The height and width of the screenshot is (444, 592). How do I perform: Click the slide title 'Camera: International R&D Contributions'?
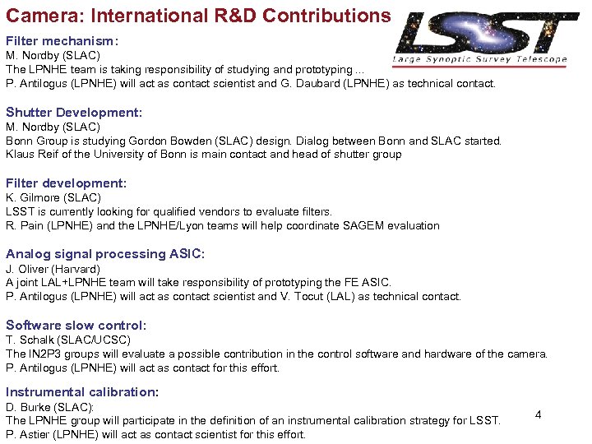198,16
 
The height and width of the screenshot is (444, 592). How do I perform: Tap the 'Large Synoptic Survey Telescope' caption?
479,59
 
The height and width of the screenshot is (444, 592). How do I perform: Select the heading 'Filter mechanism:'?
62,40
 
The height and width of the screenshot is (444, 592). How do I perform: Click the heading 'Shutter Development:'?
74,112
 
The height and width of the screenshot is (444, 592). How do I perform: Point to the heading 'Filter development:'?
66,183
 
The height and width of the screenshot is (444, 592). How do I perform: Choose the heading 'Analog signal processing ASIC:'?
105,254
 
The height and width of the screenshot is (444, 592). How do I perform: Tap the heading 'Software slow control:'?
76,325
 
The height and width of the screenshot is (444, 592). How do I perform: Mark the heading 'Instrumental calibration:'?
82,392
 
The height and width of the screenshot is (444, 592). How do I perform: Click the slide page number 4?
538,414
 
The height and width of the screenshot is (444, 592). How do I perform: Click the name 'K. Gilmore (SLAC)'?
53,197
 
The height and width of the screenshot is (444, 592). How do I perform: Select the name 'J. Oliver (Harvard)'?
53,269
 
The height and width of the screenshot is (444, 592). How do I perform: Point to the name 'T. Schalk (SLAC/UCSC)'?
68,340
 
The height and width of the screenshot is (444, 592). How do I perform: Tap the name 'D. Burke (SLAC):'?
50,407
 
